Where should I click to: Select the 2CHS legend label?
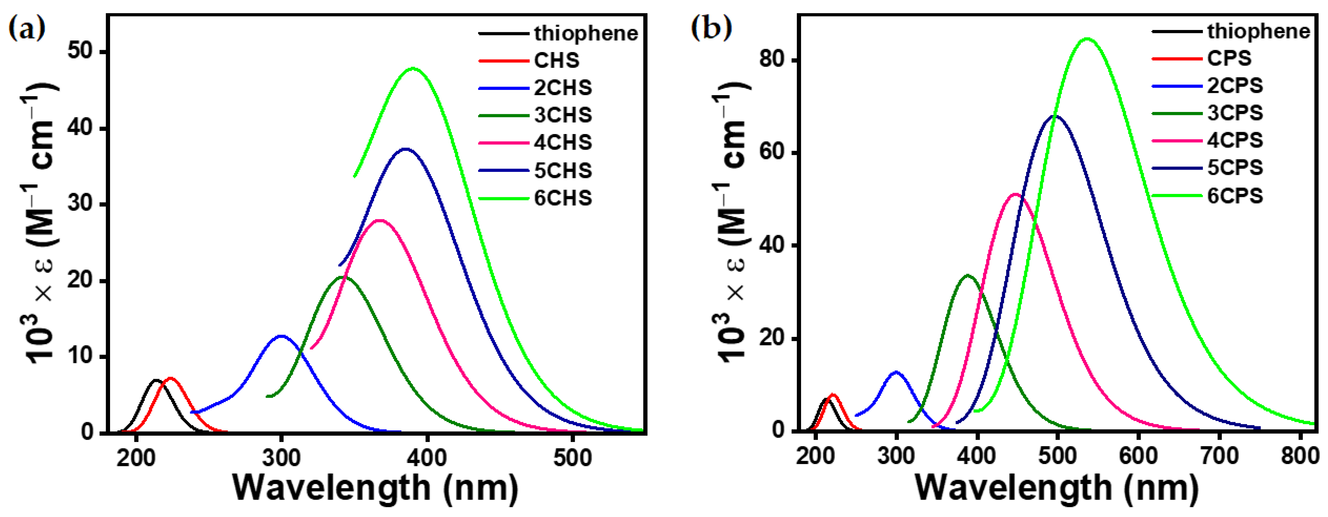pyautogui.click(x=563, y=88)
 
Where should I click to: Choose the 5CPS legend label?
pyautogui.click(x=1235, y=167)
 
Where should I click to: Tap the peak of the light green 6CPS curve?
pyautogui.click(x=1087, y=39)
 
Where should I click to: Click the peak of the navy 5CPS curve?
pyautogui.click(x=1055, y=116)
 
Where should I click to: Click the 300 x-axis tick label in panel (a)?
pyautogui.click(x=281, y=457)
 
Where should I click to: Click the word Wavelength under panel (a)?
pyautogui.click(x=332, y=487)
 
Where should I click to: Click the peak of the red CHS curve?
pyautogui.click(x=171, y=378)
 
